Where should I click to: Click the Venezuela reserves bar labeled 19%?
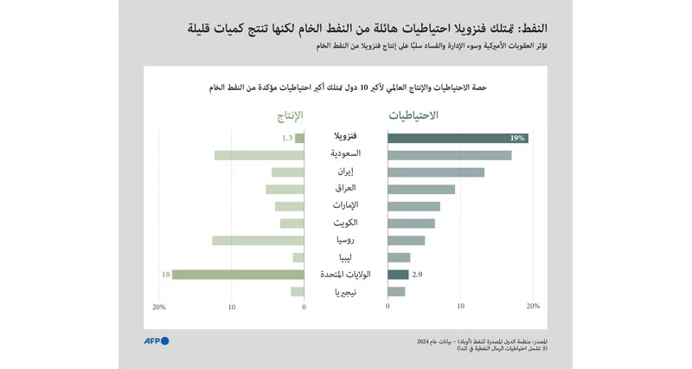point(457,138)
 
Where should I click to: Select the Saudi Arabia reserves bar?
point(449,155)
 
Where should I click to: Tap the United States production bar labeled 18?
point(238,275)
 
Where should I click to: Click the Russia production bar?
point(258,240)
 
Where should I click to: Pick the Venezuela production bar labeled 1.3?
point(299,138)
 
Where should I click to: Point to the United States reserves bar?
point(398,275)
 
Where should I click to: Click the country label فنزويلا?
point(345,137)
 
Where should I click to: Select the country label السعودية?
point(345,154)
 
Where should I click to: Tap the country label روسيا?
point(345,240)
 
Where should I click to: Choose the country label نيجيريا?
point(345,292)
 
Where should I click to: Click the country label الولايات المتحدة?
point(345,275)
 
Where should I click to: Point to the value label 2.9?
point(417,275)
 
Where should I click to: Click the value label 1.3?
point(286,138)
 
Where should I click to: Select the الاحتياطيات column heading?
point(413,115)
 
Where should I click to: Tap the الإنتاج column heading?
point(283,115)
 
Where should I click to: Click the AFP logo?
point(156,340)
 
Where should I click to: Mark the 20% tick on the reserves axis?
point(533,307)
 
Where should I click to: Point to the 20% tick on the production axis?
point(158,307)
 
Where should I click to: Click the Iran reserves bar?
point(436,172)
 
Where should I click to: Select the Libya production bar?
point(298,257)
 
